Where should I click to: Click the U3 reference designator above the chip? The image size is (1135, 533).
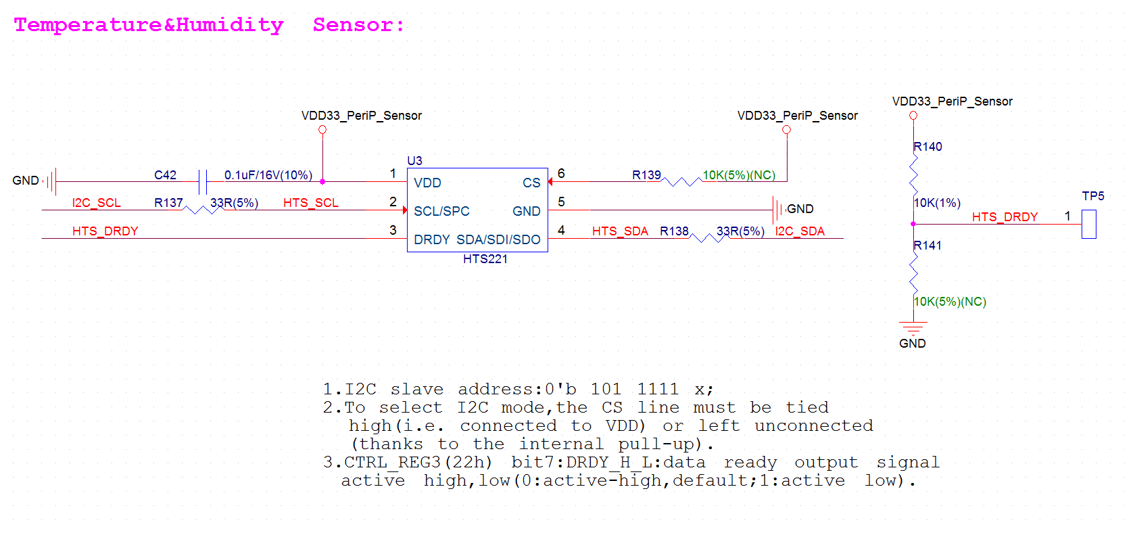(414, 161)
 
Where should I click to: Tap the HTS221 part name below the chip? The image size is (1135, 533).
(485, 259)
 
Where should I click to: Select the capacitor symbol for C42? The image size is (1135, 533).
(202, 181)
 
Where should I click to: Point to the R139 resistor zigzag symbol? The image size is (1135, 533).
(681, 181)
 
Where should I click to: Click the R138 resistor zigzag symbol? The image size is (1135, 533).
(708, 237)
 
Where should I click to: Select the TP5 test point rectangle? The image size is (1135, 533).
(1088, 224)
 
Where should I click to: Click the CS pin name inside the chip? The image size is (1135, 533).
(531, 183)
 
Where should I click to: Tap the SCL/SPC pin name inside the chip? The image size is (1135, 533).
(441, 211)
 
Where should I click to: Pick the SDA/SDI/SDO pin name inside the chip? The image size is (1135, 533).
(498, 239)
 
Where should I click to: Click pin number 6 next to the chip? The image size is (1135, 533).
(561, 174)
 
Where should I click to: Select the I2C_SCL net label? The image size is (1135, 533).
(96, 203)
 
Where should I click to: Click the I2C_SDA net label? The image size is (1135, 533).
(800, 231)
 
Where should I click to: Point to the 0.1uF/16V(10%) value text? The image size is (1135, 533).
(268, 175)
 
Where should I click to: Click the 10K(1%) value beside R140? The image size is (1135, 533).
(937, 203)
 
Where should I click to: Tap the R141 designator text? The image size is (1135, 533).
(927, 246)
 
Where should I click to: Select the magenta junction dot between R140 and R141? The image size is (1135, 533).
(913, 224)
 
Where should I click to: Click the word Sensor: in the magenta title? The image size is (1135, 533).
(358, 25)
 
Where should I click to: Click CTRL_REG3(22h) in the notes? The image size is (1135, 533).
(418, 463)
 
